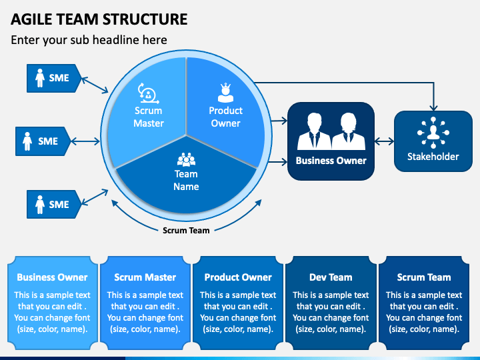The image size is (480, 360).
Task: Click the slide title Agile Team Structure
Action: pos(99,19)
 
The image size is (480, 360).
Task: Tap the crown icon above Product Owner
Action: pos(225,93)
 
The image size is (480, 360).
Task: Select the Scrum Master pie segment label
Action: pos(149,117)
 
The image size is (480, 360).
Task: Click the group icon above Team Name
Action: pos(186,159)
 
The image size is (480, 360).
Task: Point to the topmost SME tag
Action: pos(54,78)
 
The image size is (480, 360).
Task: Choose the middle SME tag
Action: pos(43,141)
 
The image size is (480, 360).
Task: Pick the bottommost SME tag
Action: pos(54,204)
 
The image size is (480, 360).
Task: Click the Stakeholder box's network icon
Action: pos(433,133)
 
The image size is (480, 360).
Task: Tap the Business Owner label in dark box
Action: pos(331,161)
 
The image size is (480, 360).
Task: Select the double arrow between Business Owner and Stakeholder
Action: pos(384,141)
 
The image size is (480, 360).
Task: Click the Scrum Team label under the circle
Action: pos(186,230)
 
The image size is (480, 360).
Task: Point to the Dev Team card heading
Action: pos(331,277)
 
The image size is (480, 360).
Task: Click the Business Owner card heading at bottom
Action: pos(53,277)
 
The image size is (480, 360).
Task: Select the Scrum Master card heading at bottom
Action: pos(145,277)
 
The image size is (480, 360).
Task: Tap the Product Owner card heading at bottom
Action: pos(238,277)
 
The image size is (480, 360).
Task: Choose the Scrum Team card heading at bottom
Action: pos(424,277)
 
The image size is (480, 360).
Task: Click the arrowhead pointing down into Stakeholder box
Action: pos(433,108)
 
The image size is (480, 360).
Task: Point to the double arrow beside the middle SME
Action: pos(85,141)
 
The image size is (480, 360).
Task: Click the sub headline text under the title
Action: pos(89,40)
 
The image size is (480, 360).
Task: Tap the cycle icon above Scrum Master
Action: pos(149,93)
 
